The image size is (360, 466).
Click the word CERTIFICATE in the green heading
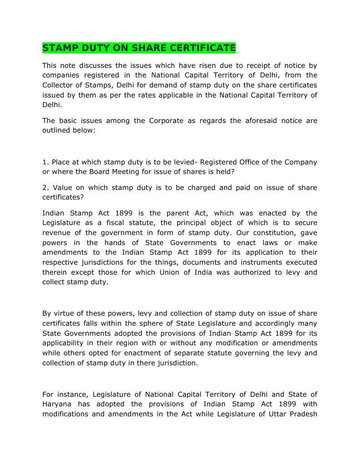(x=203, y=48)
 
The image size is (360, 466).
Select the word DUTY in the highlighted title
(x=91, y=48)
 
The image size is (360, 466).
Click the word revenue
(x=56, y=233)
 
